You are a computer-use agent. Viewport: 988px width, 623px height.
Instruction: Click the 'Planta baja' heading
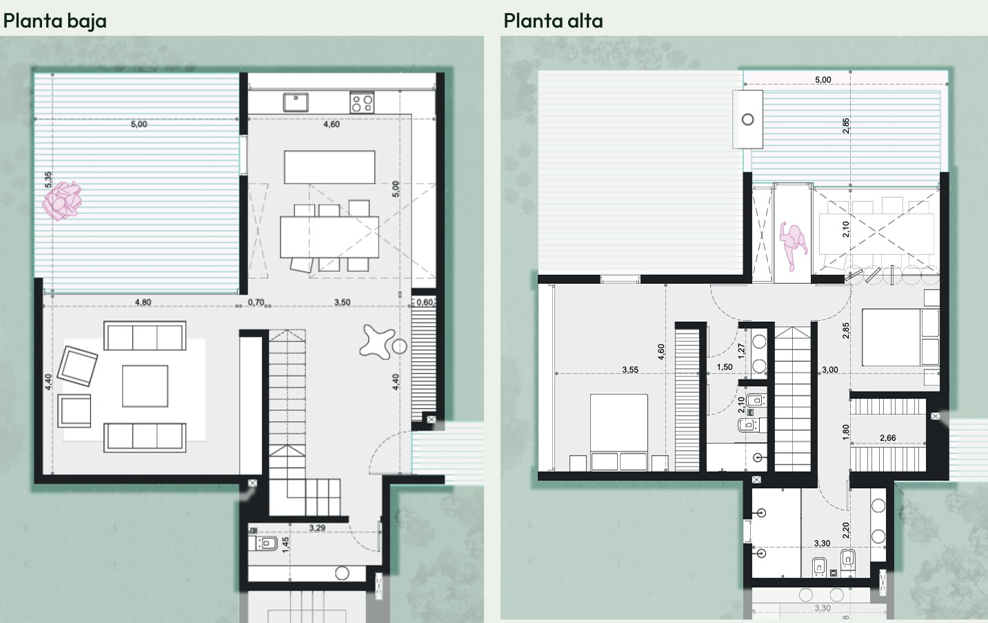click(x=54, y=21)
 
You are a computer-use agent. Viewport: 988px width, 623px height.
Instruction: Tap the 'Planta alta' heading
click(x=553, y=21)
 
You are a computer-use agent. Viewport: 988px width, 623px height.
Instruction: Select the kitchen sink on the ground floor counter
click(x=296, y=102)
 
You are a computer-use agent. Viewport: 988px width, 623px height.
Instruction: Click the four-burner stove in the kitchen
click(x=362, y=103)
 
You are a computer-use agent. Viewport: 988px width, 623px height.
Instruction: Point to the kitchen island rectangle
click(x=330, y=167)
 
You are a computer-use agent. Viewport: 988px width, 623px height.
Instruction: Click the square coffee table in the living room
click(x=145, y=386)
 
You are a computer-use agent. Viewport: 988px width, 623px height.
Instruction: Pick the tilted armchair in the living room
click(x=77, y=366)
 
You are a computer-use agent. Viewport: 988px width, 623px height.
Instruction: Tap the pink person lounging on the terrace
click(x=62, y=201)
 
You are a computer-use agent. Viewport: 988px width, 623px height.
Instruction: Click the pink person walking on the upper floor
click(x=793, y=246)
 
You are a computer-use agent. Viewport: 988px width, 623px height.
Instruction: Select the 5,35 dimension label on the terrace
click(x=48, y=180)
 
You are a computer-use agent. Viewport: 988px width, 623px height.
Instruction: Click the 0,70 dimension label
click(x=256, y=303)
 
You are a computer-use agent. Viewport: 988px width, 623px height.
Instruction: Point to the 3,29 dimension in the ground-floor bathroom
click(x=317, y=528)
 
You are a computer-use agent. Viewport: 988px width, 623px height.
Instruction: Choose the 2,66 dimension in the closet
click(x=887, y=438)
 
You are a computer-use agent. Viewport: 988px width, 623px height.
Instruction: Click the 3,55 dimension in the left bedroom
click(x=630, y=370)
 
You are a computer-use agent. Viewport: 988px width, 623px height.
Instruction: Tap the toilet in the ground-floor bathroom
click(x=263, y=543)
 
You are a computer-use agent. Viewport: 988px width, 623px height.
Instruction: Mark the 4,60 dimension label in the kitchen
click(x=332, y=124)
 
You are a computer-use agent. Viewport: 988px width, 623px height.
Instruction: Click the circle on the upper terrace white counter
click(x=748, y=119)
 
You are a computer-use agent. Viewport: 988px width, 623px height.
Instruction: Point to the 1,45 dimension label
click(x=286, y=545)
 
